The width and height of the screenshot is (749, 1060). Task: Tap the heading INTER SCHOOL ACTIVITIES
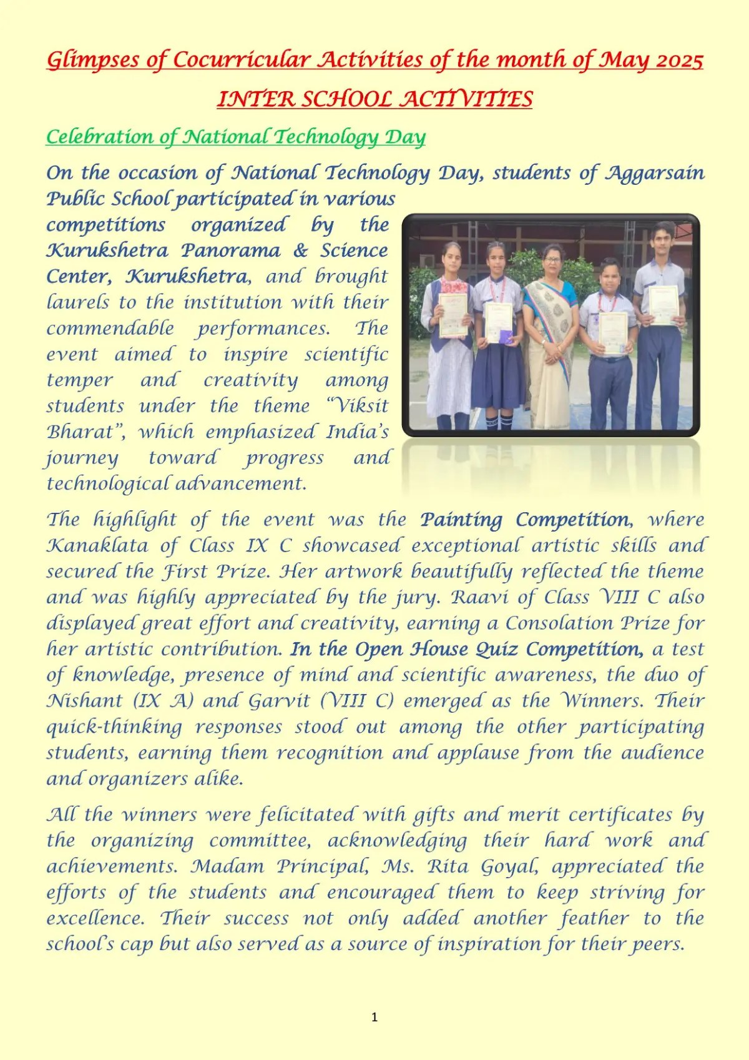(x=374, y=99)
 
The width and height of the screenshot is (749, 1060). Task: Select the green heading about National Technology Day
(x=236, y=136)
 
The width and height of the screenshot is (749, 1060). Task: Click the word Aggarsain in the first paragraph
(x=655, y=172)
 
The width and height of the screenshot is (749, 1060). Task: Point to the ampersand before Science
(x=300, y=250)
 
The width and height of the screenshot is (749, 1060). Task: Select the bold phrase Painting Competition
(x=525, y=520)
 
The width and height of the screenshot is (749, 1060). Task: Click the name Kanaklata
(x=97, y=545)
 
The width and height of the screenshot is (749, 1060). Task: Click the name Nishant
(x=84, y=701)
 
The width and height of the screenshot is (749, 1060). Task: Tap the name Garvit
(x=279, y=701)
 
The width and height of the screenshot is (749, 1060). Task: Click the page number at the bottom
(x=374, y=1017)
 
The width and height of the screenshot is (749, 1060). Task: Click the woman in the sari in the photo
(x=549, y=331)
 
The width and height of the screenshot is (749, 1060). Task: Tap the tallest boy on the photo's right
(x=660, y=325)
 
